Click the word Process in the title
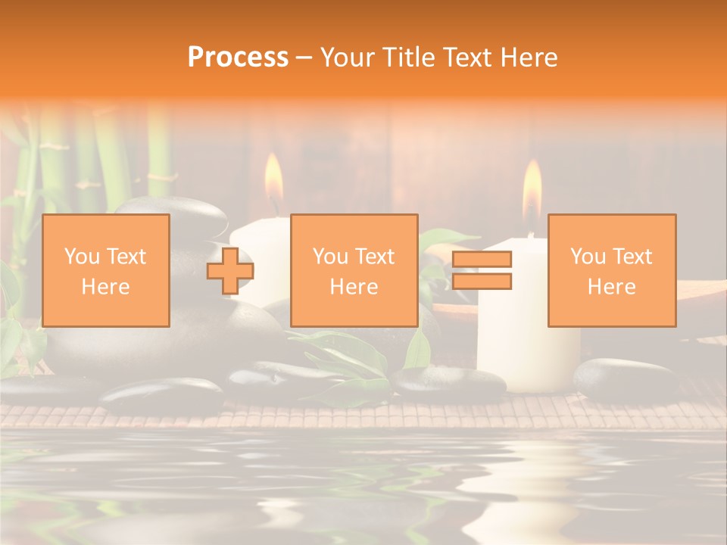pyautogui.click(x=238, y=58)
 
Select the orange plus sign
pyautogui.click(x=230, y=271)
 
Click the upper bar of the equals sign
pyautogui.click(x=482, y=260)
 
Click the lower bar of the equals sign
pyautogui.click(x=482, y=282)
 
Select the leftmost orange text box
pyautogui.click(x=105, y=270)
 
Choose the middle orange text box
pyautogui.click(x=354, y=270)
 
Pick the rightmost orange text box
pyautogui.click(x=611, y=270)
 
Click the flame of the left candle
pyautogui.click(x=273, y=180)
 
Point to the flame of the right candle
pyautogui.click(x=532, y=189)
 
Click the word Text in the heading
pyautogui.click(x=468, y=58)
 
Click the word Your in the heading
pyautogui.click(x=348, y=58)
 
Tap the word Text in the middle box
pyautogui.click(x=376, y=257)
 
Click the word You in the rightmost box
pyautogui.click(x=588, y=257)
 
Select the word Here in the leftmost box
pyautogui.click(x=105, y=286)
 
